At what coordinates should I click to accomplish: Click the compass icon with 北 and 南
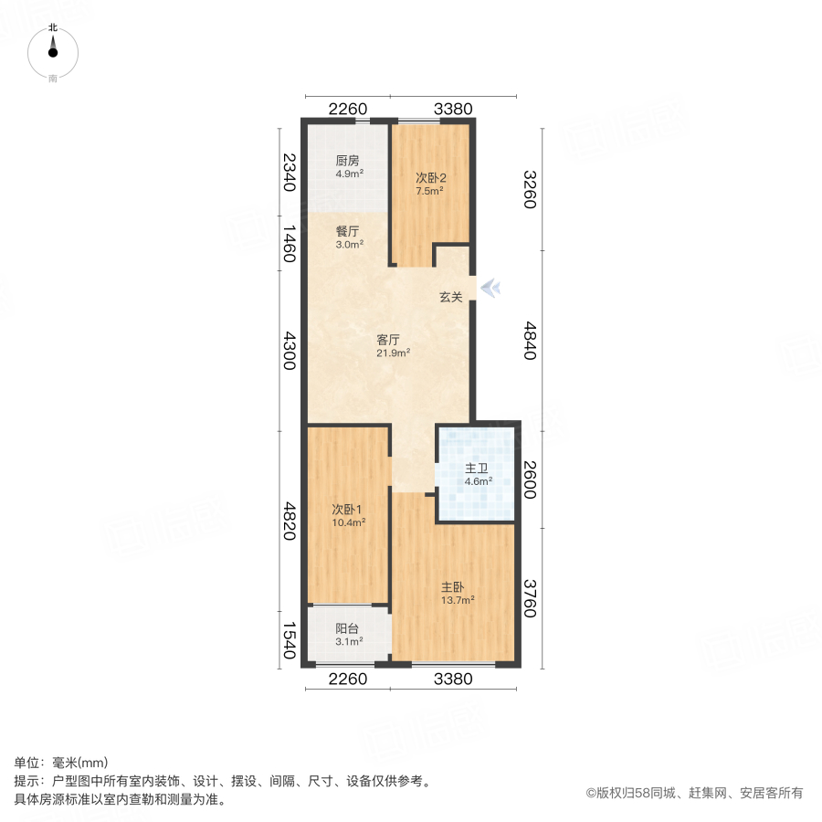53,53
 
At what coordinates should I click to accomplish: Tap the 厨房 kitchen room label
348,161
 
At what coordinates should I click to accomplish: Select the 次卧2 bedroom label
430,179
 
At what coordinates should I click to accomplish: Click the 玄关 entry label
451,297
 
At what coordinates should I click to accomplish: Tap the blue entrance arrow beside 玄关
490,289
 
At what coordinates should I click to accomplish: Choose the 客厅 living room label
388,339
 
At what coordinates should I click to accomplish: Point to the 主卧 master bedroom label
454,587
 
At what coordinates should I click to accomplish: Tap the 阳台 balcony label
347,628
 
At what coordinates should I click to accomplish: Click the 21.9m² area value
394,353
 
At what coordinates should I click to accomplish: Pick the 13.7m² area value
458,600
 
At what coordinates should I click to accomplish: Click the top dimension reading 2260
347,110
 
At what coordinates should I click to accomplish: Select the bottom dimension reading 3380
453,679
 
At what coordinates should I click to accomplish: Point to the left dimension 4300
290,351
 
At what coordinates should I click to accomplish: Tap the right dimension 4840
529,340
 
